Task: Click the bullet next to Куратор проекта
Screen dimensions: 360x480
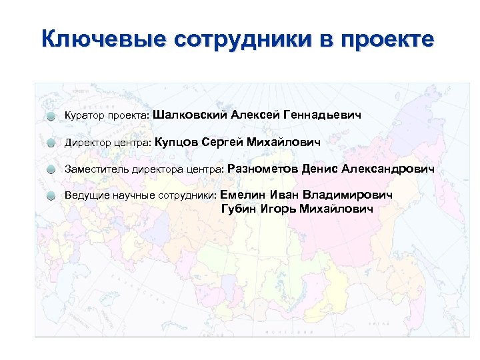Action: (51, 117)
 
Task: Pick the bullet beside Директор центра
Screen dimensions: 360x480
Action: (51, 143)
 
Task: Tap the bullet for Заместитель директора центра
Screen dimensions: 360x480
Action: (51, 170)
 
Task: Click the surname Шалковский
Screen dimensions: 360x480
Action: (189, 115)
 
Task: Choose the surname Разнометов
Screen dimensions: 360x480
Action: (262, 169)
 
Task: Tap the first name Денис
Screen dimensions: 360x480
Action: (319, 169)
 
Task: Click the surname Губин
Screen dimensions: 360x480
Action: (238, 209)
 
